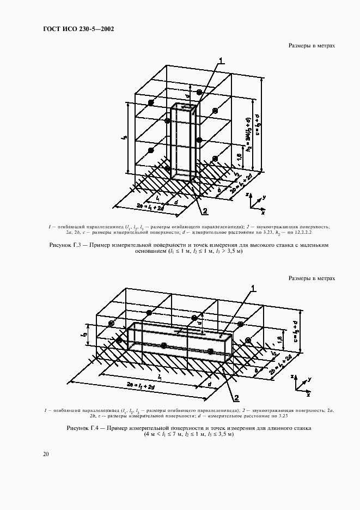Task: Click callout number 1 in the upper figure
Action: pyautogui.click(x=221, y=60)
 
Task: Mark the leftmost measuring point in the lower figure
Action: pyautogui.click(x=112, y=324)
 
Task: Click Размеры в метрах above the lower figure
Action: pyautogui.click(x=312, y=278)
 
